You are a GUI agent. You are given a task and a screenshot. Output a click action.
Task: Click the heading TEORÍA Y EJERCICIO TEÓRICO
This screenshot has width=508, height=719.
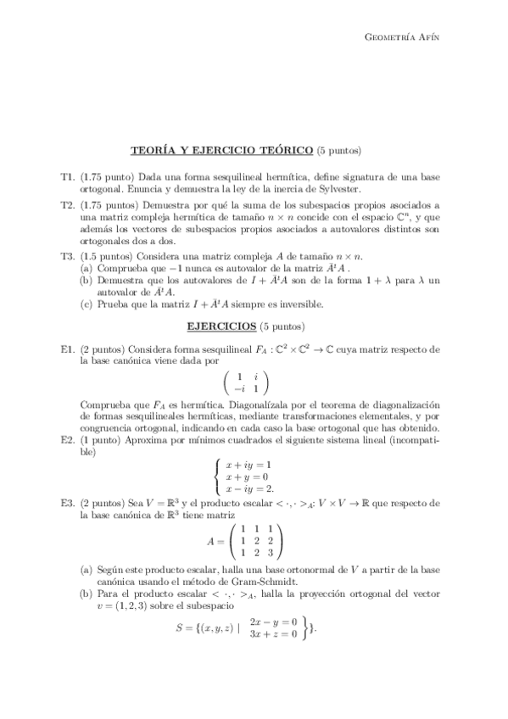tap(221, 151)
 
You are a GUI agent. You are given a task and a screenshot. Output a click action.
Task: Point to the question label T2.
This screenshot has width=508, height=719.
tap(68, 205)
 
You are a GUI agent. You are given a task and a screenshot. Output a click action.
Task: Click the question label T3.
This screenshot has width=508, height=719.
tap(68, 255)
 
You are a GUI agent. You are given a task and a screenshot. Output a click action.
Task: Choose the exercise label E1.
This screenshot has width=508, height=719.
tap(68, 348)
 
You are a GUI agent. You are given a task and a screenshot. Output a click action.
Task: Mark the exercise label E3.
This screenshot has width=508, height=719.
tap(68, 503)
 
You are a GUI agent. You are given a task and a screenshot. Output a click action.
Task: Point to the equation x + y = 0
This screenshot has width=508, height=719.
tap(251, 477)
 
